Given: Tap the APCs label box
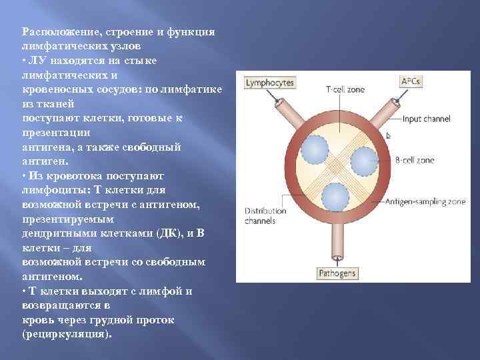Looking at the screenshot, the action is coord(411,81).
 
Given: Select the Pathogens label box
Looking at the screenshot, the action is coord(337,273).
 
